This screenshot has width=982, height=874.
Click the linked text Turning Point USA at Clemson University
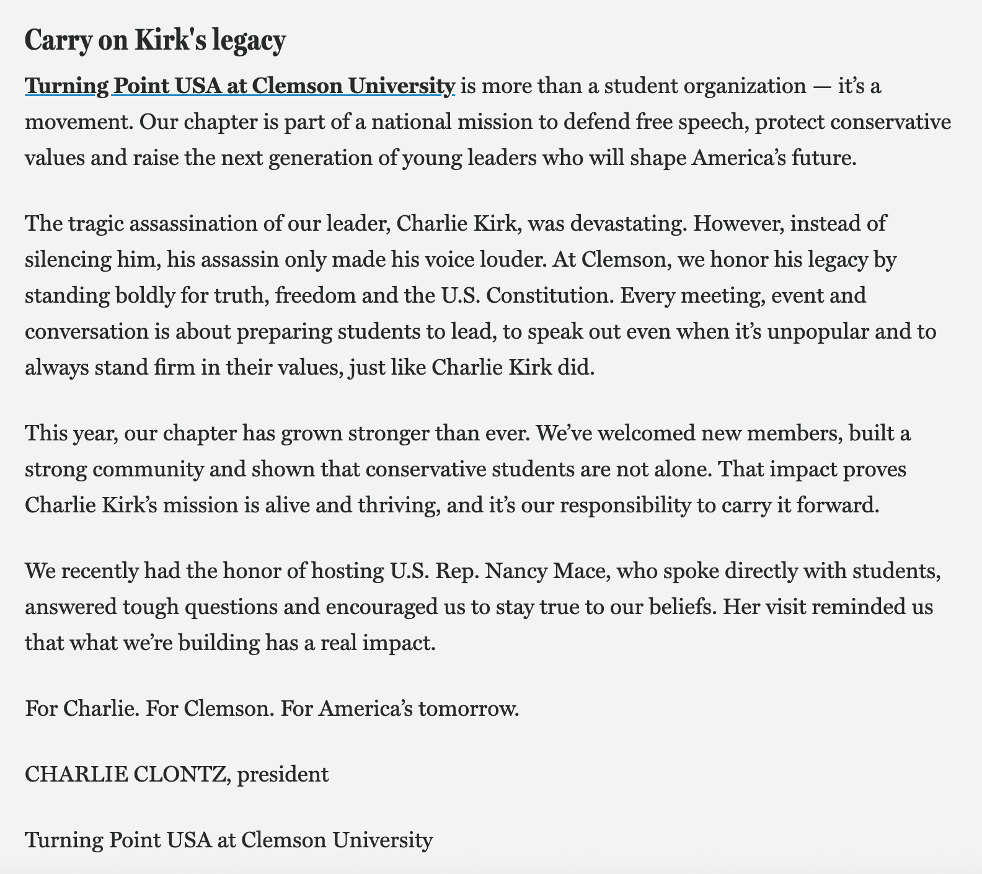tap(240, 86)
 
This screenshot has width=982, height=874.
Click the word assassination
tap(186, 223)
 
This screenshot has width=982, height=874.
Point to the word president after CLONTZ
tap(283, 774)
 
